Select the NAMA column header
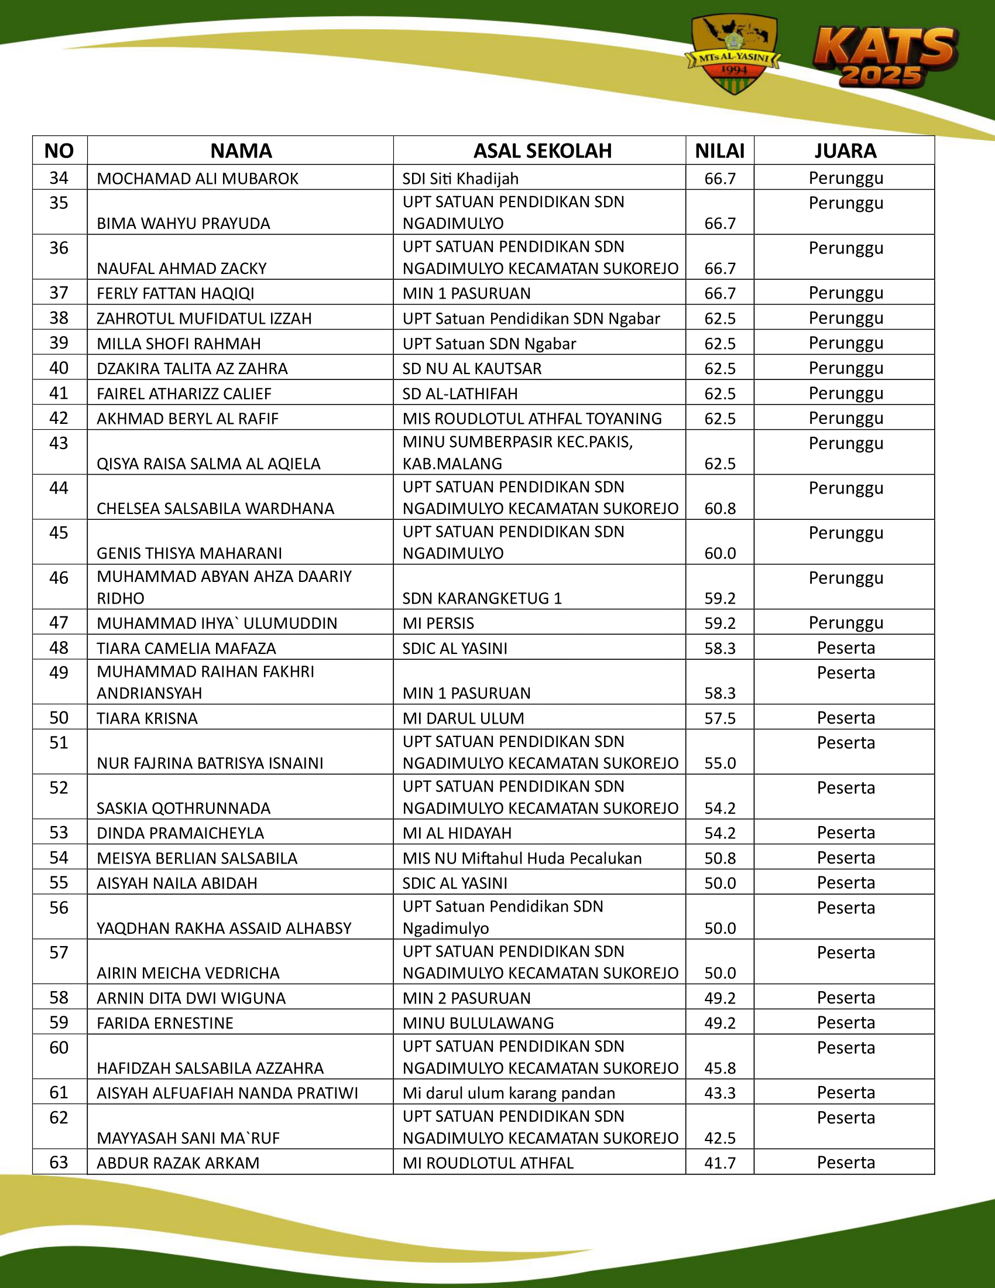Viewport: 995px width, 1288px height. pyautogui.click(x=241, y=151)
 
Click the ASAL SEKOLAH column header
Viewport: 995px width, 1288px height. pyautogui.click(x=543, y=151)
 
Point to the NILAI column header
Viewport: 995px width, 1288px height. pyautogui.click(x=720, y=151)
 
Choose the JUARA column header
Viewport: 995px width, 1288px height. pyautogui.click(x=845, y=151)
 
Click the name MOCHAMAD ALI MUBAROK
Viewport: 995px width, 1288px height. pyautogui.click(x=197, y=179)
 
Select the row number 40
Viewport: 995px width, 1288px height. pyautogui.click(x=59, y=368)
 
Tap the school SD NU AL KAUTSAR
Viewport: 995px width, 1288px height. pyautogui.click(x=472, y=369)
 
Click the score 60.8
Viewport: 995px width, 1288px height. pyautogui.click(x=720, y=508)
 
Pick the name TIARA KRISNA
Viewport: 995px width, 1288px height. pyautogui.click(x=147, y=718)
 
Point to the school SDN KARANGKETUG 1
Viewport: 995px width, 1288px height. pyautogui.click(x=482, y=598)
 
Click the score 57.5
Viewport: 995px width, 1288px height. pyautogui.click(x=720, y=718)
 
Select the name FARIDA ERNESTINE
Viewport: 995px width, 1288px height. pyautogui.click(x=165, y=1023)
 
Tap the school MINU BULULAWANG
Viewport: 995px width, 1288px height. pyautogui.click(x=478, y=1023)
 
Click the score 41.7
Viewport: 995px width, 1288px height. pyautogui.click(x=720, y=1163)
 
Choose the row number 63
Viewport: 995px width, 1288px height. pyautogui.click(x=59, y=1162)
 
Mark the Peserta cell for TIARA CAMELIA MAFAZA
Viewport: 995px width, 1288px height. pyautogui.click(x=845, y=648)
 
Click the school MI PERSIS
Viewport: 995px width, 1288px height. pyautogui.click(x=438, y=624)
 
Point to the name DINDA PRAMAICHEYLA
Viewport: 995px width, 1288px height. pyautogui.click(x=180, y=833)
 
